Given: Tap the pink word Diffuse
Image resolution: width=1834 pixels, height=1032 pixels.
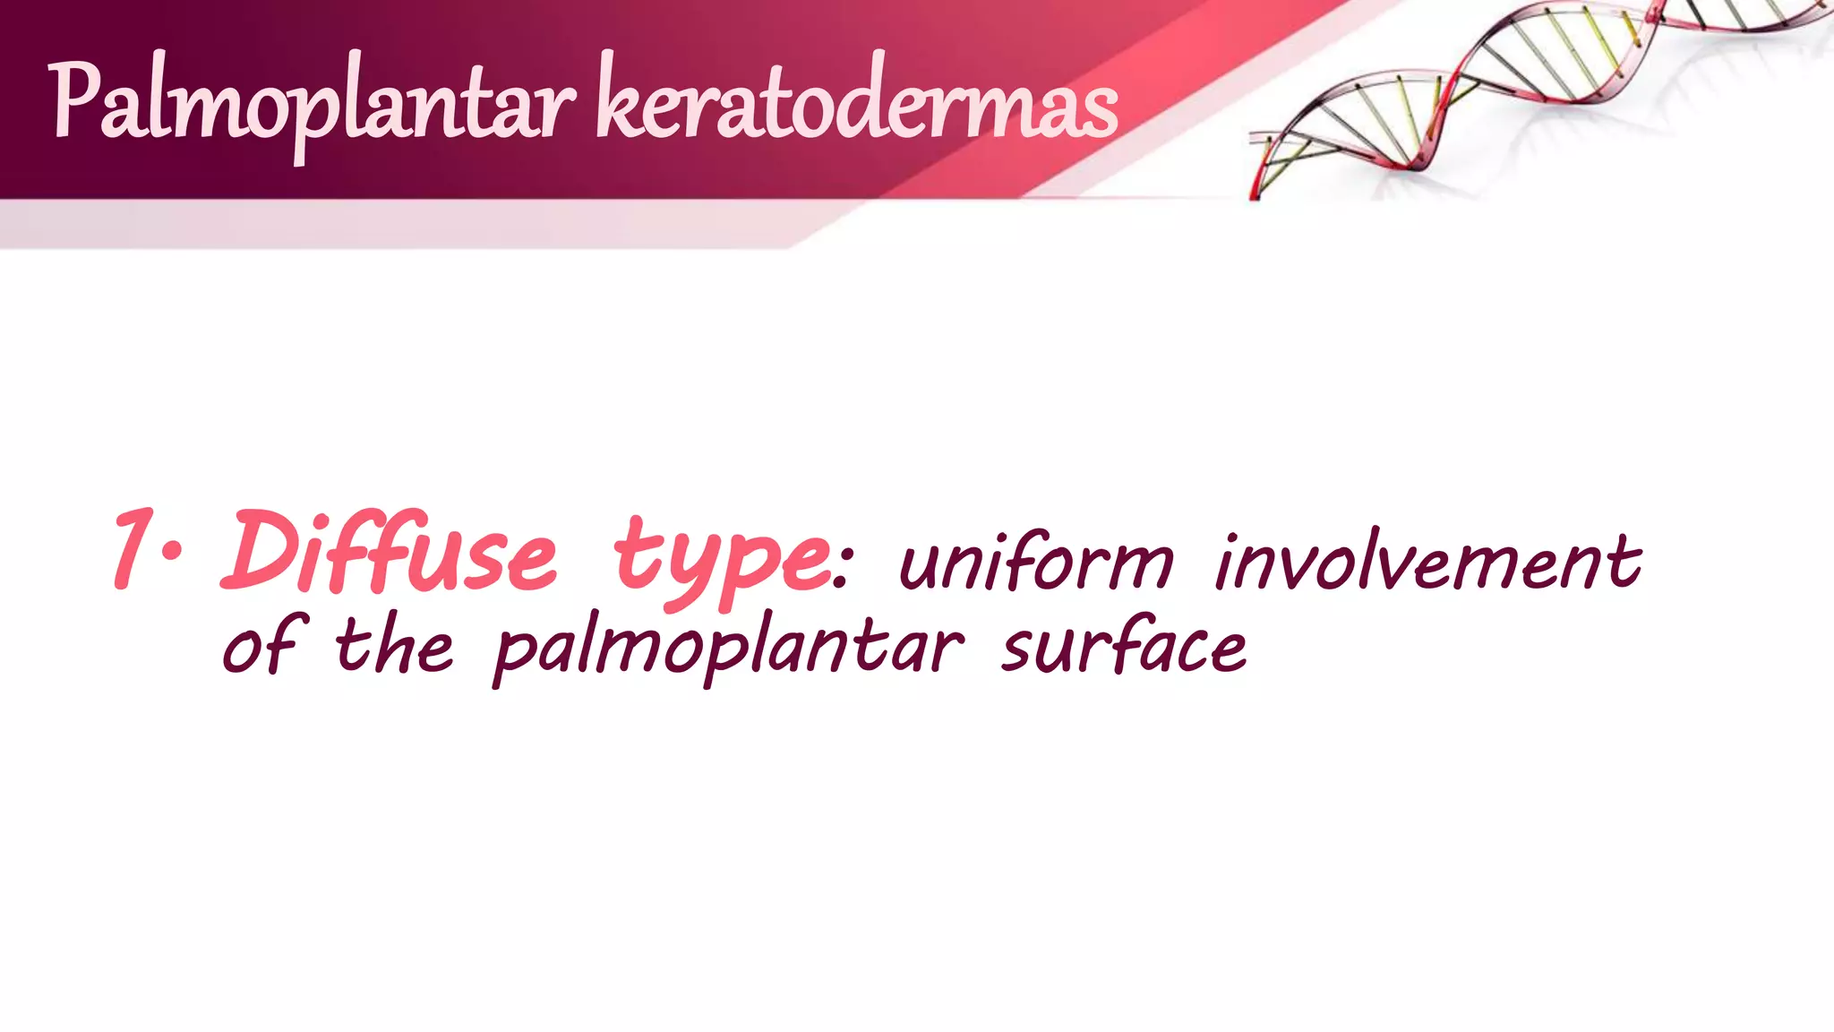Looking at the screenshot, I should pyautogui.click(x=390, y=551).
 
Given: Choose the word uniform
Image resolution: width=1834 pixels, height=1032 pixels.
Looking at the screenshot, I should pyautogui.click(x=1035, y=563).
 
